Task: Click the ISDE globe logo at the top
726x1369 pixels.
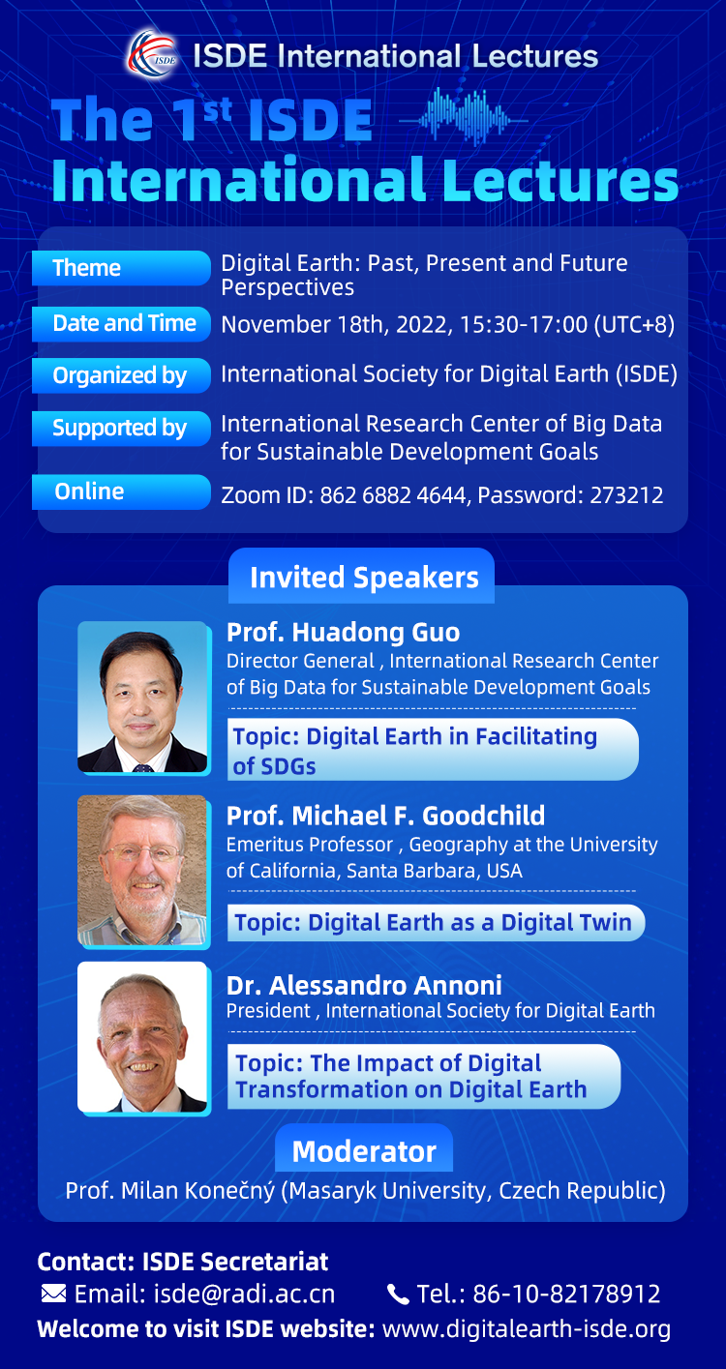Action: [153, 55]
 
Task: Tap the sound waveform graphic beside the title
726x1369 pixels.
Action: [463, 117]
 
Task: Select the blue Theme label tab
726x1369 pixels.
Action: [121, 268]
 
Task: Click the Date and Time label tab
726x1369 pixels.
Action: [121, 323]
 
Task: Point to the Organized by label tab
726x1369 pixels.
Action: [121, 375]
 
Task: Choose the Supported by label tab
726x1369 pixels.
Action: [121, 428]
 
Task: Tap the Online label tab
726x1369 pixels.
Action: [121, 491]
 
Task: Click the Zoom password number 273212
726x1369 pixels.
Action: [626, 495]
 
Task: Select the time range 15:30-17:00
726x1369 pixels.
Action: [524, 324]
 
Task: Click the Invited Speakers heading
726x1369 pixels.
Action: [364, 578]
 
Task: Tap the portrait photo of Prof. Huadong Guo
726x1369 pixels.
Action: [143, 698]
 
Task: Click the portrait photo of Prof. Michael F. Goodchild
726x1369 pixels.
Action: [143, 871]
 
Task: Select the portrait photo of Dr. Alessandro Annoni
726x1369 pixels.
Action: [143, 1037]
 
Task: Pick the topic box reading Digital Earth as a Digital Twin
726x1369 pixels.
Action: [437, 922]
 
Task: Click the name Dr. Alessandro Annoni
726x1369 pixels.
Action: [364, 985]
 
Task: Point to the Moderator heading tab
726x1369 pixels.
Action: [364, 1150]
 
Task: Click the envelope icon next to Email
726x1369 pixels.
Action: [54, 1294]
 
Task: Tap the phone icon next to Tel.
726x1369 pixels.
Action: [398, 1295]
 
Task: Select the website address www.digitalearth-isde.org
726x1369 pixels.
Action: [526, 1329]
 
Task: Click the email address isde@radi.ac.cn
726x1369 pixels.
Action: [244, 1295]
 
